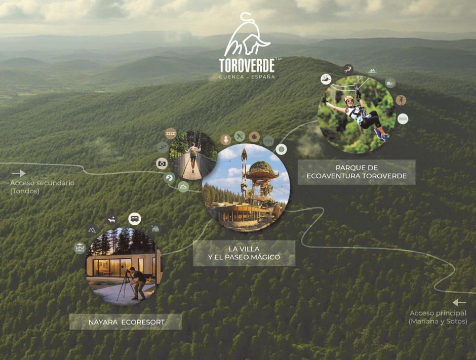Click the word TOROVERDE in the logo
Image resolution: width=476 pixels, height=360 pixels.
tap(247, 65)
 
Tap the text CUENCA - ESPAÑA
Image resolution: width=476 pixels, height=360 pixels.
tap(247, 77)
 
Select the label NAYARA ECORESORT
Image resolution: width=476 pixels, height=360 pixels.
tap(126, 322)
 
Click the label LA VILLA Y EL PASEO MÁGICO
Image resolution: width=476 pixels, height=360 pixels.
tap(244, 253)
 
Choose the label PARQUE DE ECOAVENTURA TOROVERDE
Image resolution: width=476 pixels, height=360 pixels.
tap(356, 172)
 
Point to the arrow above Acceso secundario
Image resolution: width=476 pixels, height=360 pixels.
tap(19, 173)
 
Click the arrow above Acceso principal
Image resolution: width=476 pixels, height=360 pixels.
tap(459, 302)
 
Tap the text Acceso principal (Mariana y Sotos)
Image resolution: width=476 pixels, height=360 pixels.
tap(438, 317)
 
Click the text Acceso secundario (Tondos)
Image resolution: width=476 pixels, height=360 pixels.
tap(42, 187)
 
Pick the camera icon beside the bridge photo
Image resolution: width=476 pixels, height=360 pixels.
tap(162, 163)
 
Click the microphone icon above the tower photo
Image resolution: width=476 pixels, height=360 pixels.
tap(226, 139)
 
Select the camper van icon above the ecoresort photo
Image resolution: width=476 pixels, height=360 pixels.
tap(135, 219)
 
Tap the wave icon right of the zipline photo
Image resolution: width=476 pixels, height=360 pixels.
tap(403, 118)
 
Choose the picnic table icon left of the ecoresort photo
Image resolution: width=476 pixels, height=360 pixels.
tap(80, 248)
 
